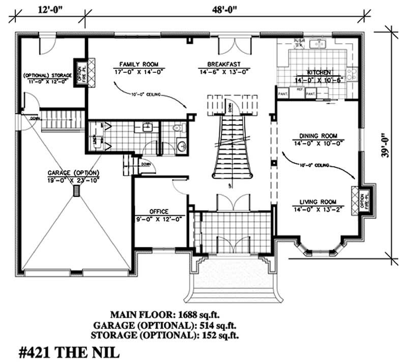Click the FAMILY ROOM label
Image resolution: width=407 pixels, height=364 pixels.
(x=138, y=65)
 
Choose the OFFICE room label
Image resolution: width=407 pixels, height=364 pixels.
(x=159, y=212)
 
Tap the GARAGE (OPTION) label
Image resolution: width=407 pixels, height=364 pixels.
(x=74, y=173)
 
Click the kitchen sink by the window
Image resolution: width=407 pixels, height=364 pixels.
(x=319, y=44)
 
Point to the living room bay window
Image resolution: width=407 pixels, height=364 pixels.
(x=319, y=251)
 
